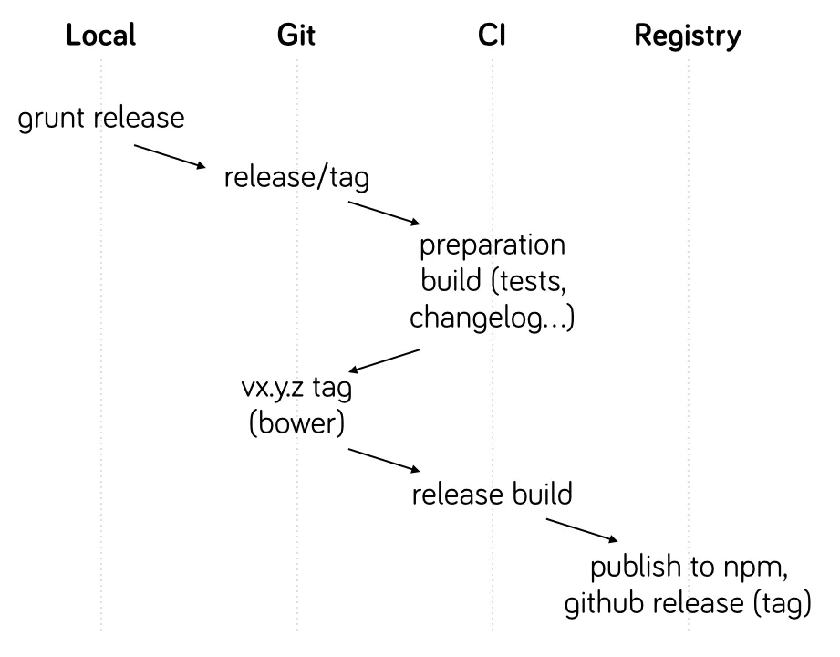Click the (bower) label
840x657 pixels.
pos(296,425)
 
